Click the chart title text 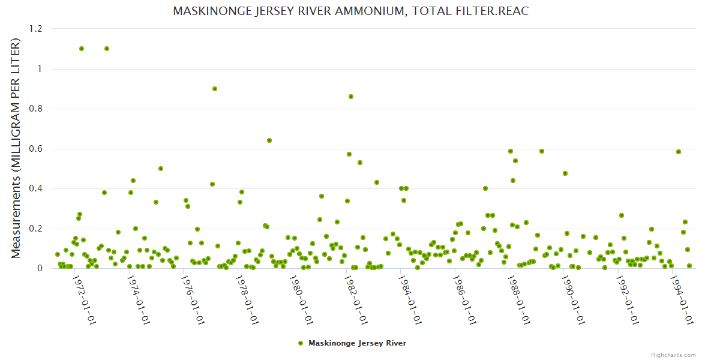tap(350, 11)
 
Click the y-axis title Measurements tap(16, 148)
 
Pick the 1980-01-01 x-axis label tap(302, 299)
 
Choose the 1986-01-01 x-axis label tap(465, 299)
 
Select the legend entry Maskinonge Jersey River tap(357, 343)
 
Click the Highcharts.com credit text tap(673, 355)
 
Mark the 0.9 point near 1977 tap(215, 89)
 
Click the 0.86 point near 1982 tap(351, 97)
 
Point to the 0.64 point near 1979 tap(269, 140)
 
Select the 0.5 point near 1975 tap(161, 169)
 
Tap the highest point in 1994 tap(679, 152)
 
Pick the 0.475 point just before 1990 tap(565, 173)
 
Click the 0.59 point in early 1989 tap(542, 151)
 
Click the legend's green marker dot tap(301, 343)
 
